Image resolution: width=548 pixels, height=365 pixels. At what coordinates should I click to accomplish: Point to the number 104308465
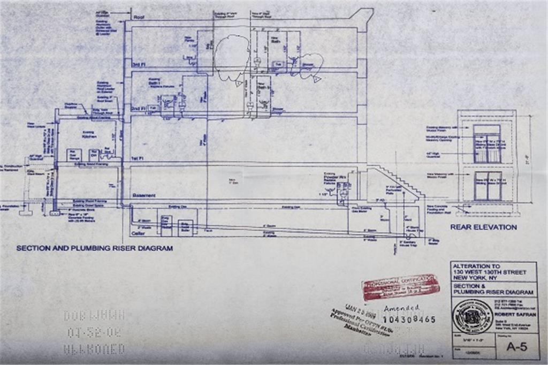(409, 320)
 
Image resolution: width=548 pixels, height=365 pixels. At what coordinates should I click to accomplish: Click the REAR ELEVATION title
(483, 227)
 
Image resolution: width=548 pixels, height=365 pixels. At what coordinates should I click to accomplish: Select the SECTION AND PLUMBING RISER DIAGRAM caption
(94, 248)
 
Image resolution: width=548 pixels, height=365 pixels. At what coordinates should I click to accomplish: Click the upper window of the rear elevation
(487, 143)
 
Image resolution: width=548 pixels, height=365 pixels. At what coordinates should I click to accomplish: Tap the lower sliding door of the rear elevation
(488, 186)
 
